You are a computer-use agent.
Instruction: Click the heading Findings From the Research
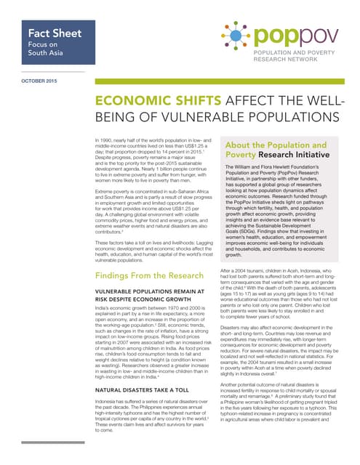click(x=148, y=256)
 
